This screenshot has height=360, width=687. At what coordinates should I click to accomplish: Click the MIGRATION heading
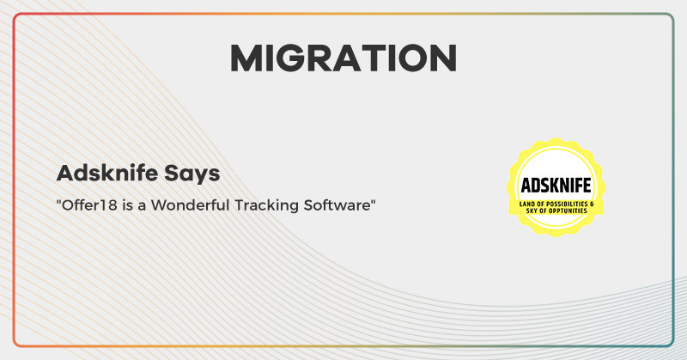(343, 58)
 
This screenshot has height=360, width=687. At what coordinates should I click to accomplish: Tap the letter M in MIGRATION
(246, 58)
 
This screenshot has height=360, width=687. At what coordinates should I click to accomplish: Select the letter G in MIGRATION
(293, 58)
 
